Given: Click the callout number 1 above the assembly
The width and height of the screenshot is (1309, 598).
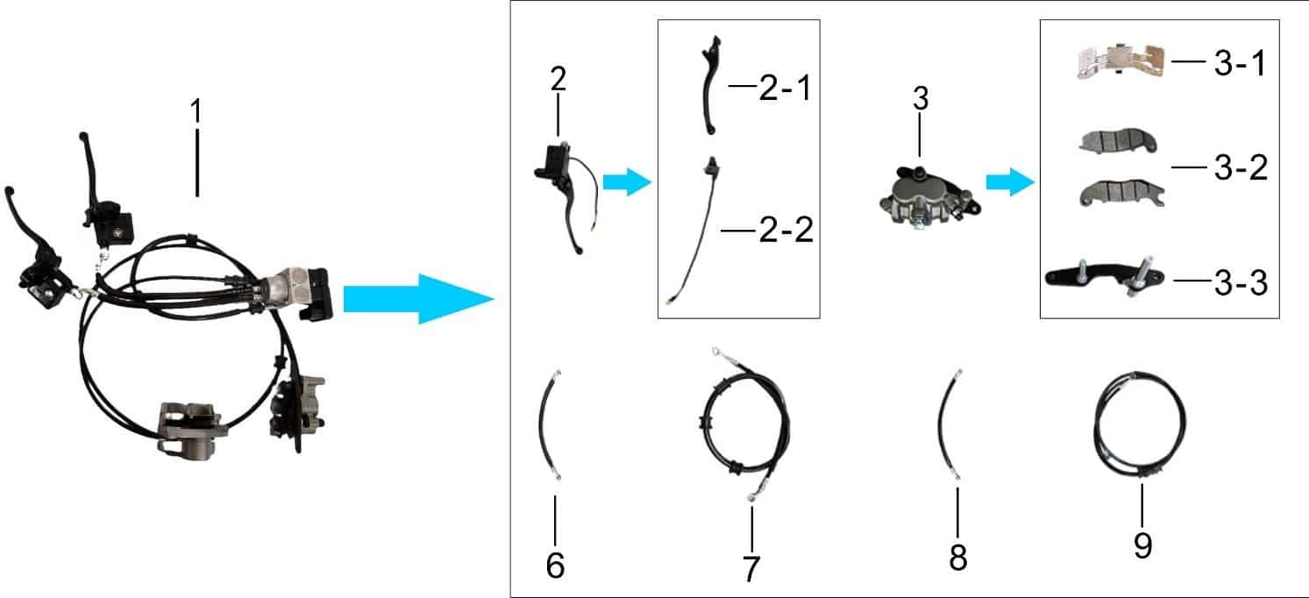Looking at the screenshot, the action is coord(196,110).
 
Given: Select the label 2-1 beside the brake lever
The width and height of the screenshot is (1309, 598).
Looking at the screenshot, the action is coord(786,89).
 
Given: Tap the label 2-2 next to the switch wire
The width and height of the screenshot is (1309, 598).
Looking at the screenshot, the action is coord(786,230).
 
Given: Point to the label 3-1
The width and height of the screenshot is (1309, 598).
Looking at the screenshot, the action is coord(1240,63).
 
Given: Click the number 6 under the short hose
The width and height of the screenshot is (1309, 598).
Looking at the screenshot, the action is coord(555,566).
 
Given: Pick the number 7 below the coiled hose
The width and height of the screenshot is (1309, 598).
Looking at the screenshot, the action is coord(751,569).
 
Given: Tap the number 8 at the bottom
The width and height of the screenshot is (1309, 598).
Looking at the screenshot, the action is coord(958,558).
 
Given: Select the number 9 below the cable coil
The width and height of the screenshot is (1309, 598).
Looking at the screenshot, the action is coord(1143,545).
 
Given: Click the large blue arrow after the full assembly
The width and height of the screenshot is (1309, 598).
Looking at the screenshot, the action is coord(419,299).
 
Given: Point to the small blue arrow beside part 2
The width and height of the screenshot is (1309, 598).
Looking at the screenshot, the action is coord(627,182).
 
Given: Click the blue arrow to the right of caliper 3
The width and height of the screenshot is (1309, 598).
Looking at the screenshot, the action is coord(1010,182).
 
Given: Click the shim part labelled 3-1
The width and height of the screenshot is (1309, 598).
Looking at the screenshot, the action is coord(1120,61).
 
